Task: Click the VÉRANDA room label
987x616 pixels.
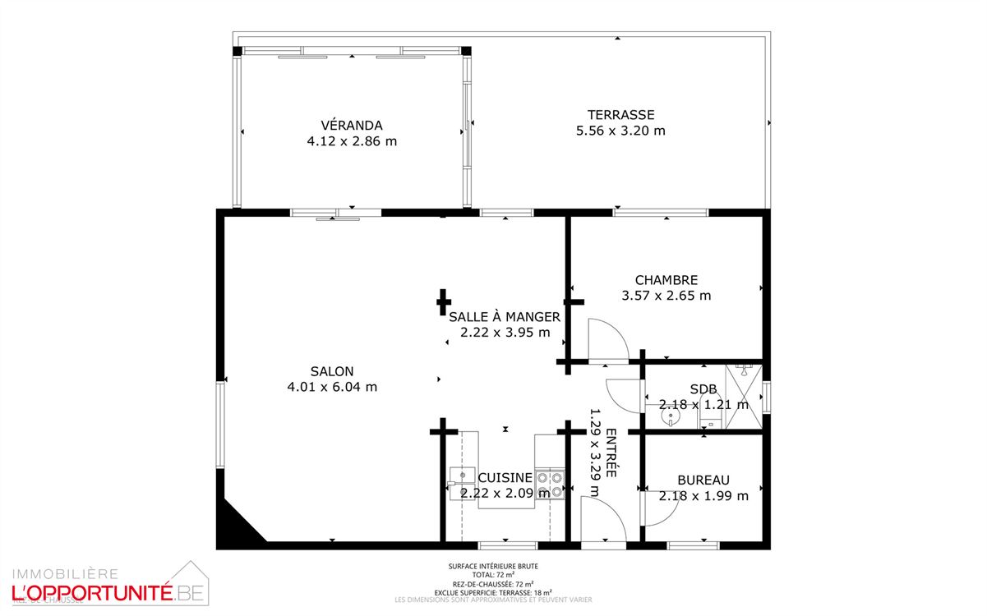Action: click(351, 126)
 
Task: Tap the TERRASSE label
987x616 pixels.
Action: click(620, 115)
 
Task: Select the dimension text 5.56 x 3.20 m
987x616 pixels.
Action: click(620, 131)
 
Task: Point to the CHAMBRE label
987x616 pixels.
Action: click(666, 280)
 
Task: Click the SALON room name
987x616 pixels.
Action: click(332, 371)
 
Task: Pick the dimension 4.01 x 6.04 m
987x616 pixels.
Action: click(332, 387)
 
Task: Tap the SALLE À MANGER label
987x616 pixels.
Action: click(505, 317)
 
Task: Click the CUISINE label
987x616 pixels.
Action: click(505, 478)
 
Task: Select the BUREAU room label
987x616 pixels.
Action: click(703, 480)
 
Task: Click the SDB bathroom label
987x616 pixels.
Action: click(703, 389)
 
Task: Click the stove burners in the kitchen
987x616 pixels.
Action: click(550, 485)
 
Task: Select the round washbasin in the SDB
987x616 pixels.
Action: click(672, 416)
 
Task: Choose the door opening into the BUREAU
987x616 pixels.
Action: click(660, 509)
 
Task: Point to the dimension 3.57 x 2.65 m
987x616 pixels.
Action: click(666, 296)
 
